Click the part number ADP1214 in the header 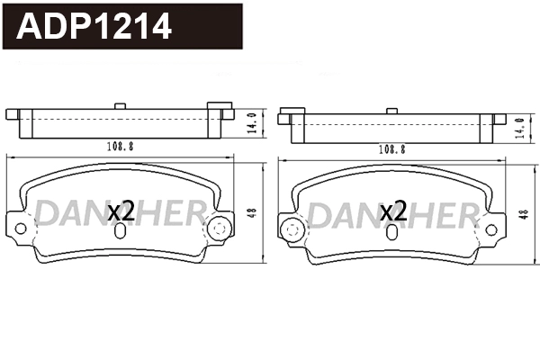[x=95, y=26]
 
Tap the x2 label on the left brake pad [x=121, y=212]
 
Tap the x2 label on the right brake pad [x=393, y=212]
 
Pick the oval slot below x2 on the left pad [x=121, y=231]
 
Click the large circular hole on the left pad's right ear [x=216, y=229]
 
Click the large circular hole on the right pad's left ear [x=291, y=231]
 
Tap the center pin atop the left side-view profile [x=120, y=107]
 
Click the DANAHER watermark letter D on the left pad [x=49, y=214]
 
